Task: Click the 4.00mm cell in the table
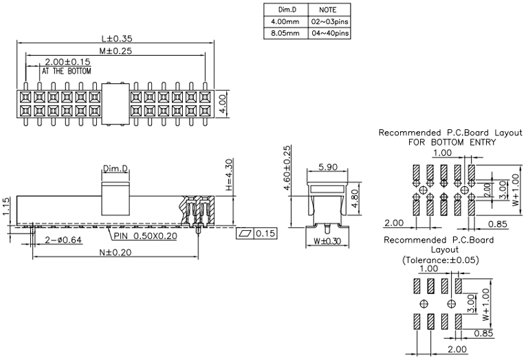pyautogui.click(x=285, y=21)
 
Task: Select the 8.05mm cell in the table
pyautogui.click(x=285, y=32)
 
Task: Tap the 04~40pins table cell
pyautogui.click(x=329, y=32)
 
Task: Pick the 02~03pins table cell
pyautogui.click(x=329, y=21)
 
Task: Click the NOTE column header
pyautogui.click(x=329, y=10)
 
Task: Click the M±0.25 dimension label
pyautogui.click(x=115, y=50)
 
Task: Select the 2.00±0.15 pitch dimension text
pyautogui.click(x=68, y=62)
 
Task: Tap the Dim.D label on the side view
pyautogui.click(x=115, y=168)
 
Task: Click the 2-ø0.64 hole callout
pyautogui.click(x=63, y=239)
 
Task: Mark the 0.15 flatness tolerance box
pyautogui.click(x=255, y=234)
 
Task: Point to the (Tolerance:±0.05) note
pyautogui.click(x=440, y=260)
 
